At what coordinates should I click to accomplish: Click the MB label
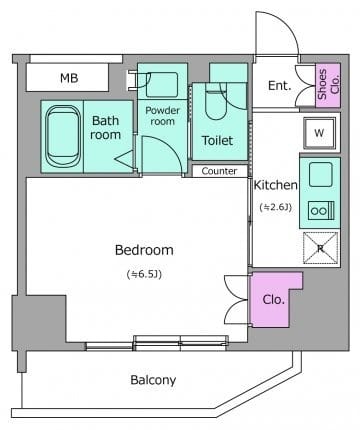tap(69, 78)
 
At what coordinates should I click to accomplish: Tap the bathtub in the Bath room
tap(63, 136)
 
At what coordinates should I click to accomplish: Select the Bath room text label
tap(105, 128)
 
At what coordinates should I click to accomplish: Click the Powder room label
tap(162, 116)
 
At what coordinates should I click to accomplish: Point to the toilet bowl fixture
tap(216, 102)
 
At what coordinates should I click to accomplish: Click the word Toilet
tap(217, 140)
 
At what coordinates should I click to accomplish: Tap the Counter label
tap(219, 171)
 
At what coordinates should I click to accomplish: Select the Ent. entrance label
tap(280, 86)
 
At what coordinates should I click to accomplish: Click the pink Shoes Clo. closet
tap(328, 85)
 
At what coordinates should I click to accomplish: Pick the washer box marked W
tap(319, 133)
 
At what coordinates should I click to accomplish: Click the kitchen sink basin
tap(320, 174)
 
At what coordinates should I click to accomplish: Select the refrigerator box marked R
tap(321, 248)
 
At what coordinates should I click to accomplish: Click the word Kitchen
tap(276, 185)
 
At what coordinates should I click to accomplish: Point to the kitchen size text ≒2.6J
tap(276, 207)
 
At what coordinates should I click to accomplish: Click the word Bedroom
tap(144, 250)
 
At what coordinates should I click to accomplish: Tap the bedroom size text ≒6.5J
tap(144, 274)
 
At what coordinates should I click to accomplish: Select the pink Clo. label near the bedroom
tap(273, 300)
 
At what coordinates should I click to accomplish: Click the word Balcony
tap(153, 380)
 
